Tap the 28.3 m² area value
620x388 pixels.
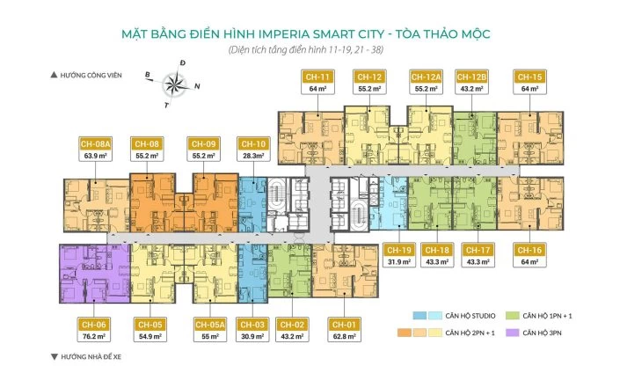point(253,156)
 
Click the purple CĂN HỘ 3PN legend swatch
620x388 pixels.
point(506,333)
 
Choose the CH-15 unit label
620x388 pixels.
point(529,77)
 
